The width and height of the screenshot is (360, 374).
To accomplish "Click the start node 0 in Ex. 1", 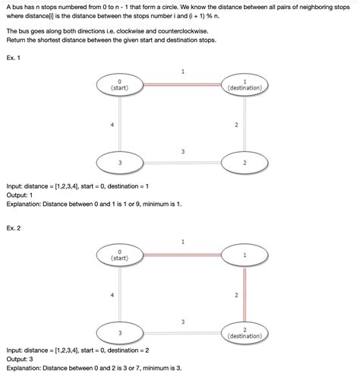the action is [119, 85].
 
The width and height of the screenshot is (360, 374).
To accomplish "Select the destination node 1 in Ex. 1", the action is [245, 85].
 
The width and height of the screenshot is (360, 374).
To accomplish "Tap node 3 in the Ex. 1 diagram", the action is [119, 163].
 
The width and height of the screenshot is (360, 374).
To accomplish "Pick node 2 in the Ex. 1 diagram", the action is [245, 163].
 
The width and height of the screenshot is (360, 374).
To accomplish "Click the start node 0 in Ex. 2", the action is [119, 255].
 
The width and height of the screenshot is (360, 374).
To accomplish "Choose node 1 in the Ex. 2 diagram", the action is [245, 255].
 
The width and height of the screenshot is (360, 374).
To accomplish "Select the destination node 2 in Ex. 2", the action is [245, 332].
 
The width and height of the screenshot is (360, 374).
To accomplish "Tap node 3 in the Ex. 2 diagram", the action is [119, 332].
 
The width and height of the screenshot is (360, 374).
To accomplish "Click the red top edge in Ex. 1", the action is [182, 85].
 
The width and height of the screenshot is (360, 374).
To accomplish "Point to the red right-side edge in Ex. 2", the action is [245, 293].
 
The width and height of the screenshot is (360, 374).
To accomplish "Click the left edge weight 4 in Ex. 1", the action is [112, 124].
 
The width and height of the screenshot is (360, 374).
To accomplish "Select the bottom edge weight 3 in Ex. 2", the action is [183, 322].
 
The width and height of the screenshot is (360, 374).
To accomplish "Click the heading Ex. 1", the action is [13, 58].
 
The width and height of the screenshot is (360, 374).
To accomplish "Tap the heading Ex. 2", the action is [13, 227].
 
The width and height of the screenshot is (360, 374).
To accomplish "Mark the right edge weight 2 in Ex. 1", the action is [236, 124].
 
